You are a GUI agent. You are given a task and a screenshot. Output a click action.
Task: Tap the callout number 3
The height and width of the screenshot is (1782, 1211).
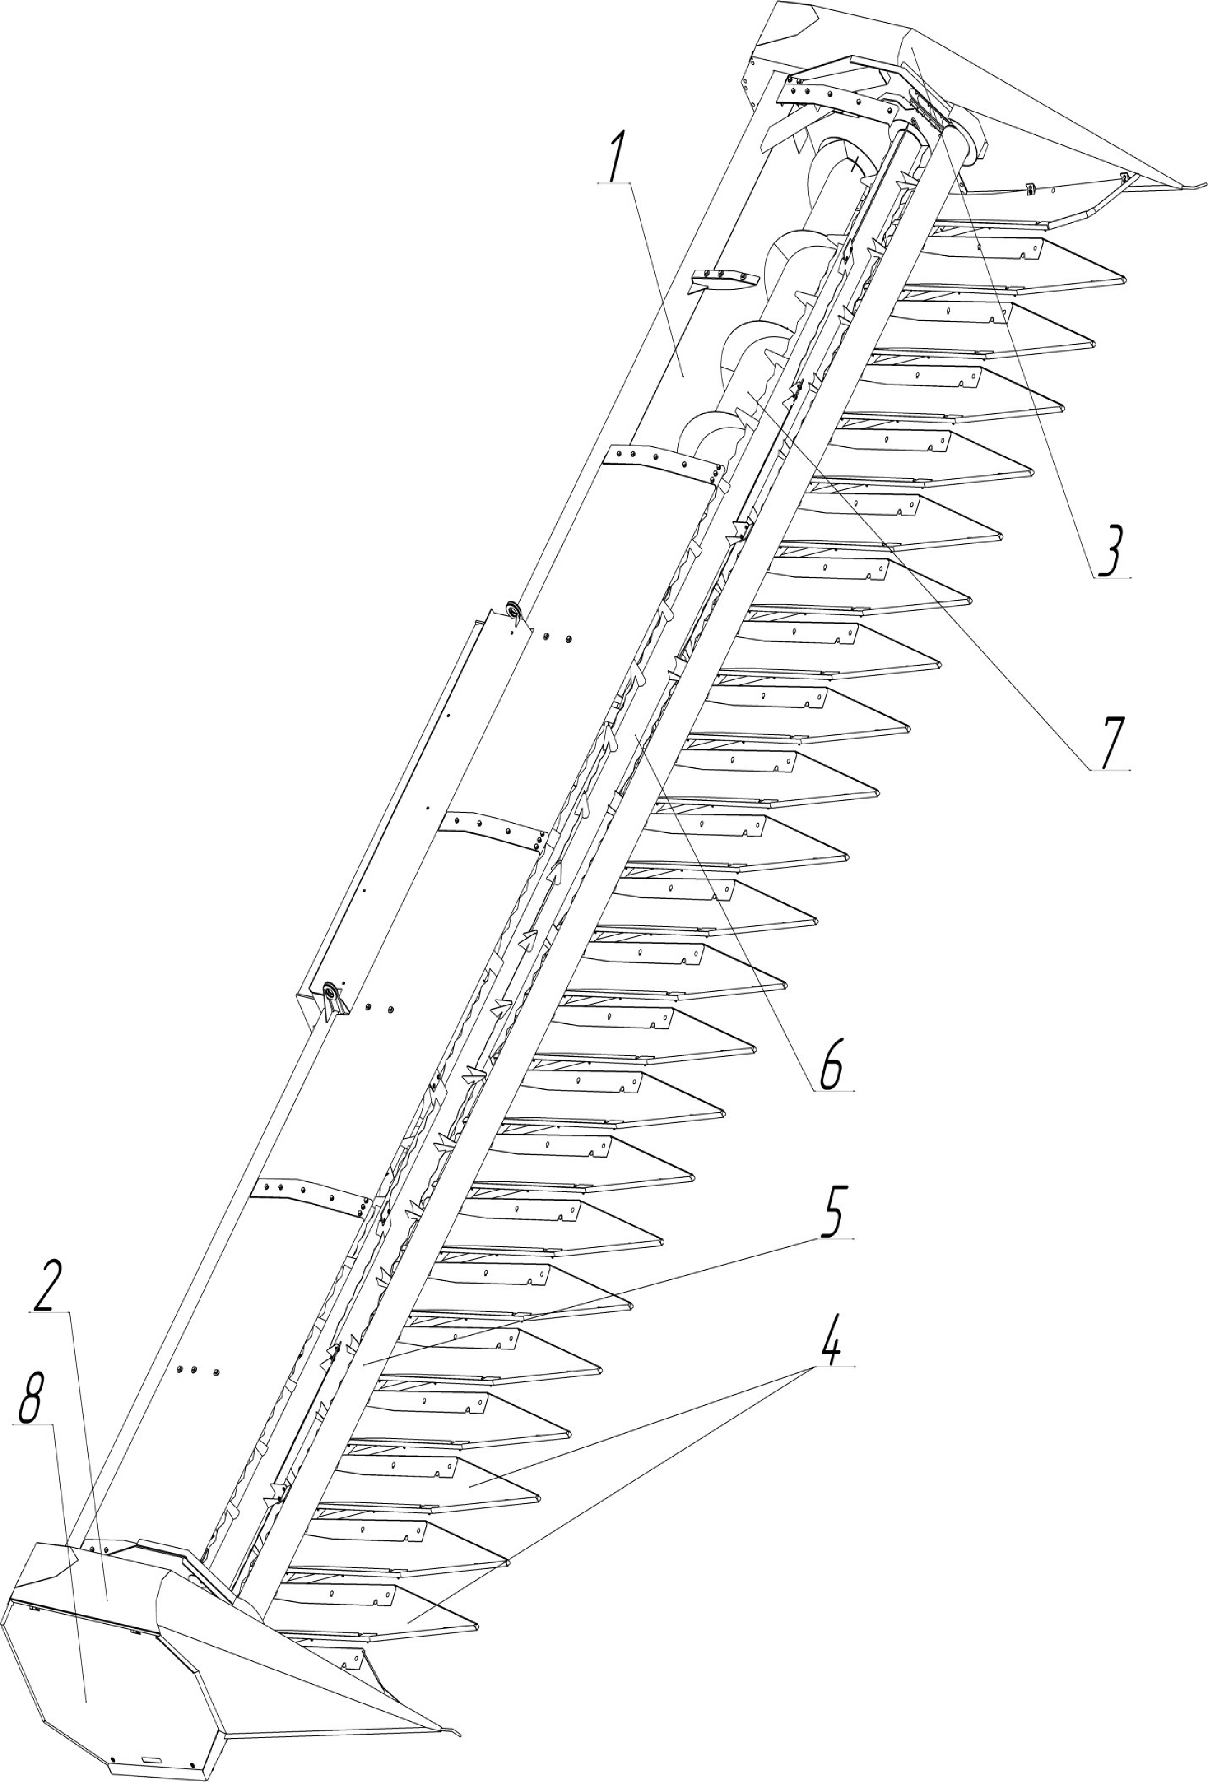pos(1110,551)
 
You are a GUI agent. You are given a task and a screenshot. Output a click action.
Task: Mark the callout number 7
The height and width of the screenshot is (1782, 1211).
pos(1109,744)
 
